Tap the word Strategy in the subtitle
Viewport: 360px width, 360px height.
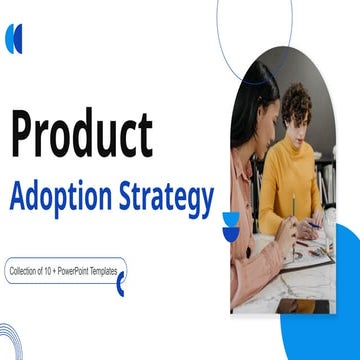174,198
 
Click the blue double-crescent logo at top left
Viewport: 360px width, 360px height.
14,39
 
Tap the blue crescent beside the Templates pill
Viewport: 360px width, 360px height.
121,287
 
